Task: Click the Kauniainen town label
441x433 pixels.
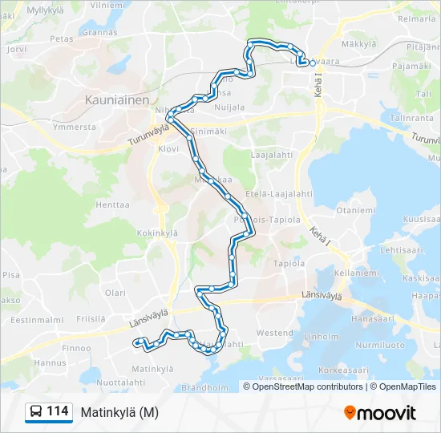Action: click(117, 101)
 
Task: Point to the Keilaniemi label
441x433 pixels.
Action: click(352, 273)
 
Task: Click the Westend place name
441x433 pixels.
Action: click(275, 333)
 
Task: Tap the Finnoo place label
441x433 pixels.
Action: click(76, 348)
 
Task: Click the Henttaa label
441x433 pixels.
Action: click(113, 204)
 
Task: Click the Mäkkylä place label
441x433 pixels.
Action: click(358, 44)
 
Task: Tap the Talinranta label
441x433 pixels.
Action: click(411, 117)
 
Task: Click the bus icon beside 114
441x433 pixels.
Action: click(36, 412)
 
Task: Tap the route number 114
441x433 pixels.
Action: click(57, 411)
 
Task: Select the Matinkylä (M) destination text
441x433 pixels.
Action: click(119, 412)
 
